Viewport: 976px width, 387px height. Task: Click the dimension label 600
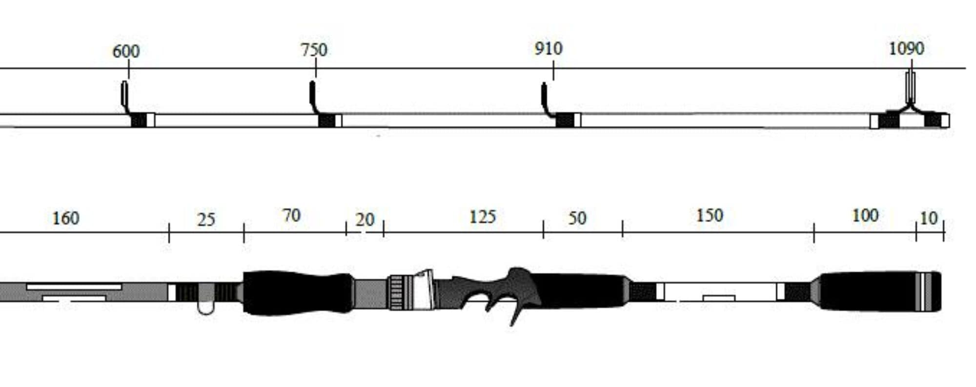126,51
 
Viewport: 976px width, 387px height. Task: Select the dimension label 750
314,50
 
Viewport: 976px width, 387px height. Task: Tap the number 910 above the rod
549,48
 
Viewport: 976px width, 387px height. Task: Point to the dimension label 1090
907,48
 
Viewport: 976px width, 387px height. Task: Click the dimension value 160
66,218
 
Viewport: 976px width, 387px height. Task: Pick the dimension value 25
206,220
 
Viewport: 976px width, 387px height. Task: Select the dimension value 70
291,215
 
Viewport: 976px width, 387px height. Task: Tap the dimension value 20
365,220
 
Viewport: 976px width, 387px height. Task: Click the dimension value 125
482,217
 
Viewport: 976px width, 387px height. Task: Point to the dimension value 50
577,218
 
